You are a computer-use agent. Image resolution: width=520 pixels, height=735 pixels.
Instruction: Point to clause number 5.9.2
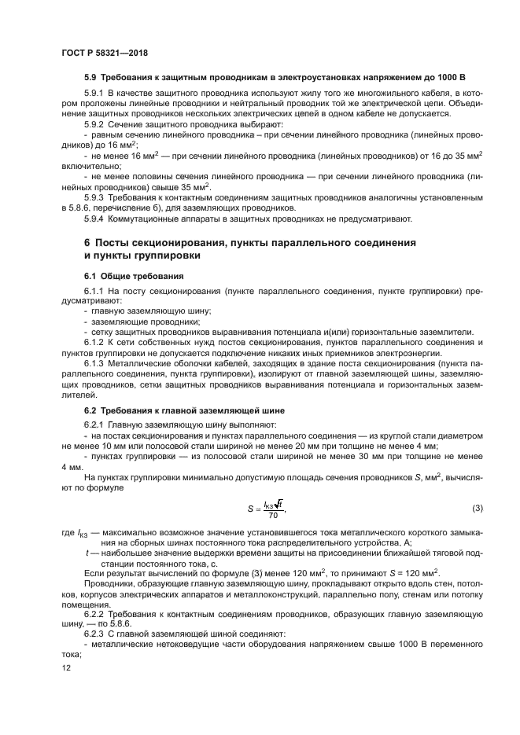click(94, 124)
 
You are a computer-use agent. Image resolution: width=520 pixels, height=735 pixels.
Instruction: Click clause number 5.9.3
click(94, 197)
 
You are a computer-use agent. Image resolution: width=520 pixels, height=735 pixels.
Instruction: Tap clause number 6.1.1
click(94, 291)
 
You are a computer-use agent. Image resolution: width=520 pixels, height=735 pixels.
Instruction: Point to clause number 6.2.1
click(94, 424)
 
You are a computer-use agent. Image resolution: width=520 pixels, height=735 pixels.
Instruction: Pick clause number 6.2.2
click(94, 614)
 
